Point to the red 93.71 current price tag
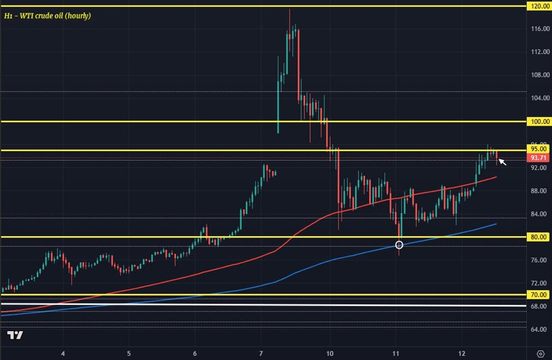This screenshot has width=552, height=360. [538, 158]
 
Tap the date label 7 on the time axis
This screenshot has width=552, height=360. [261, 353]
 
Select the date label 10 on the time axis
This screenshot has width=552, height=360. [330, 353]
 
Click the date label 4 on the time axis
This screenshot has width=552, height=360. [64, 353]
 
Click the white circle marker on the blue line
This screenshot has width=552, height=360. [399, 245]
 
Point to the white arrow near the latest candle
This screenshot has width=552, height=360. [502, 162]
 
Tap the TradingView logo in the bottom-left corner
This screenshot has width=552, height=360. [15, 335]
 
